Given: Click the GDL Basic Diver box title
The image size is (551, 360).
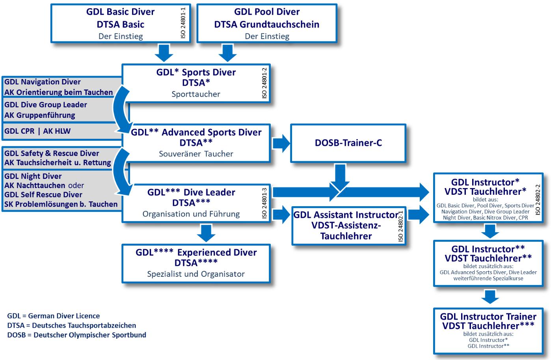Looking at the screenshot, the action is (x=120, y=12).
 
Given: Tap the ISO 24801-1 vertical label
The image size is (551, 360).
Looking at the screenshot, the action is (x=183, y=22).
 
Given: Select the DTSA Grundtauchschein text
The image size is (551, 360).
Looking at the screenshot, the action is (x=267, y=24).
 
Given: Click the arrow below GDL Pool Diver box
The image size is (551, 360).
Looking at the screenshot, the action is (x=227, y=53).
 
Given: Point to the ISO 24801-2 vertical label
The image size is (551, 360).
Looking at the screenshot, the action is (x=264, y=83).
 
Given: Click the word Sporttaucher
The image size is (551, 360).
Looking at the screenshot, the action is (x=196, y=94).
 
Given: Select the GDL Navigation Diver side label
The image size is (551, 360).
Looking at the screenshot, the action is (x=42, y=82).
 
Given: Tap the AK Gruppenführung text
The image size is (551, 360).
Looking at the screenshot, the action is (x=39, y=115).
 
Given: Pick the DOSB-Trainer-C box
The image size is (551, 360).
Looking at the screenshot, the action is (x=348, y=143).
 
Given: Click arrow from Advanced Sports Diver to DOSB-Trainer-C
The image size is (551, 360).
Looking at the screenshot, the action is (x=281, y=143).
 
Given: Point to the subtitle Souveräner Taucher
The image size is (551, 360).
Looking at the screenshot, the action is (x=196, y=154).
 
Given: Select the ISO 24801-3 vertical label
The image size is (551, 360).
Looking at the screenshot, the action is (x=264, y=203).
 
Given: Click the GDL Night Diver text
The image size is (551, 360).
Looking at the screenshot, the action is (x=33, y=176).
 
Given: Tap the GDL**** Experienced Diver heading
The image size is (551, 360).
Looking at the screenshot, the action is (x=196, y=252).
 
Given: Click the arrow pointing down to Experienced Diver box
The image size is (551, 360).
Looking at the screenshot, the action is (x=206, y=233).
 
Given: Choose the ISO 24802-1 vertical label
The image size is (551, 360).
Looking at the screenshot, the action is (x=400, y=226).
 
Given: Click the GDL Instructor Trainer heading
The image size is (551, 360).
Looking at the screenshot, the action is (x=488, y=317).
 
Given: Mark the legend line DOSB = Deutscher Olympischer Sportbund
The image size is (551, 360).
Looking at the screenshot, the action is (x=77, y=335).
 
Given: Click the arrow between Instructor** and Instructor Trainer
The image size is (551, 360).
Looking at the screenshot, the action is (x=490, y=297).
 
